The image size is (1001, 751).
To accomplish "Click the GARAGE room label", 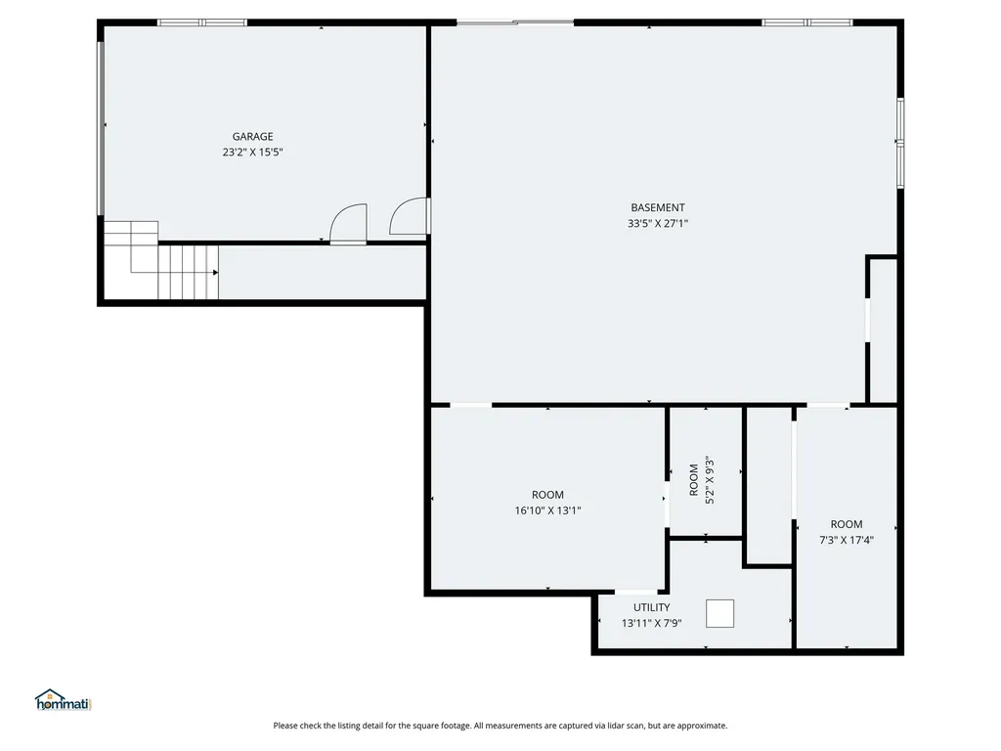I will (x=252, y=137).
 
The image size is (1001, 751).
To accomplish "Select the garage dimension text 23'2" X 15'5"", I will (x=252, y=153).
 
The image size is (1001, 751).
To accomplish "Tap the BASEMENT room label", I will (x=657, y=207).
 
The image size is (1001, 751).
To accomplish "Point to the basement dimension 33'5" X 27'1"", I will (x=657, y=223).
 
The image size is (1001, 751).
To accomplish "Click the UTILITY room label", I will (x=651, y=607).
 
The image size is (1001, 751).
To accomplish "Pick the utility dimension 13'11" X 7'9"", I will (x=651, y=623).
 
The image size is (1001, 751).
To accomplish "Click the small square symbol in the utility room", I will (x=719, y=613).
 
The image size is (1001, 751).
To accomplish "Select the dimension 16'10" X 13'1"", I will (x=547, y=510).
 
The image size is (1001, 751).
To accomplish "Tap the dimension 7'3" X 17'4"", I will (x=847, y=540).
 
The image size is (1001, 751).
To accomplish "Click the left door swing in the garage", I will (x=349, y=224).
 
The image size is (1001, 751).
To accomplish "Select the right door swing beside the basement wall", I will (x=410, y=217).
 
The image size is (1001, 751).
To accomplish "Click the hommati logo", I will (x=63, y=700).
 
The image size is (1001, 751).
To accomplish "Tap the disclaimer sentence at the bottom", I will (x=500, y=726).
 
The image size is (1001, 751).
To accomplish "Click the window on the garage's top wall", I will (x=202, y=22).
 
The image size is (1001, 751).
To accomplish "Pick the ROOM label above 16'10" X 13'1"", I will (x=547, y=495).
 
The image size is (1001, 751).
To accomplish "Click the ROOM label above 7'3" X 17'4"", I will (x=847, y=524).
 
